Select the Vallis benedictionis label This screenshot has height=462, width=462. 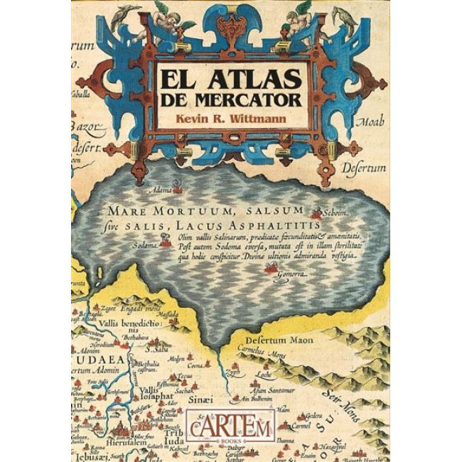click(x=131, y=322)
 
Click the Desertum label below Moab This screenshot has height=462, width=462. click(x=366, y=168)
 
